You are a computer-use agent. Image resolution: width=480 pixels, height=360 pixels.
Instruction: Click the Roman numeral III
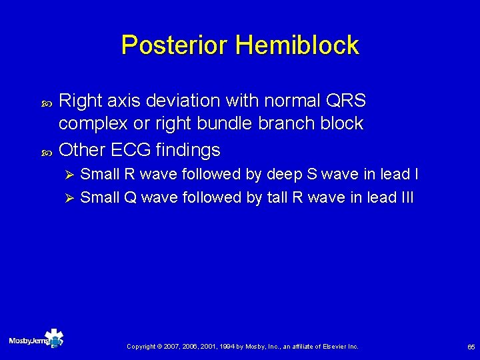(406, 197)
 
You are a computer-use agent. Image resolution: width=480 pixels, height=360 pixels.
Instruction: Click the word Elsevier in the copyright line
(333, 347)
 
